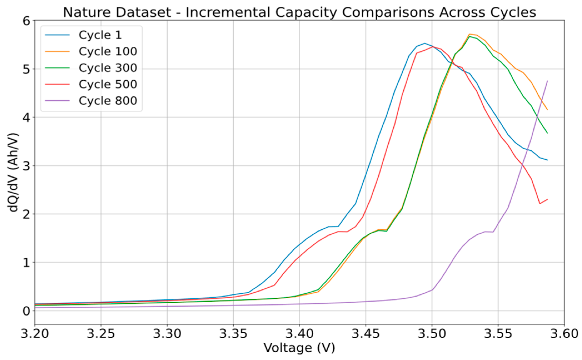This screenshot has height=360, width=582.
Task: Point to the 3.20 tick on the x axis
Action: coord(35,333)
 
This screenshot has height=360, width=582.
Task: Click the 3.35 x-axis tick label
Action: coord(233,333)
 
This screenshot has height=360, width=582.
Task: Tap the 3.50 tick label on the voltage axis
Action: coord(432,333)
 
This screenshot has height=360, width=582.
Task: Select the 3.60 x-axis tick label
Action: coord(564,333)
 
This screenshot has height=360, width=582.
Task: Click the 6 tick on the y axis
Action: coord(26,21)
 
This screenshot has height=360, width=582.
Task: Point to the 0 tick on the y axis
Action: coord(26,311)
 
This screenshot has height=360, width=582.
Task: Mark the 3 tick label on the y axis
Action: coord(26,166)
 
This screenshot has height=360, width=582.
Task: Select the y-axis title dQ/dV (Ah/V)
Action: coord(13,172)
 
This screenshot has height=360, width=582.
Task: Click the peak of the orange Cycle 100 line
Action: coord(469,34)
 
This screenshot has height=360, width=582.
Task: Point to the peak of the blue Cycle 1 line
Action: coord(424,43)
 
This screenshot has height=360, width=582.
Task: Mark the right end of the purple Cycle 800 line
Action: coord(547,81)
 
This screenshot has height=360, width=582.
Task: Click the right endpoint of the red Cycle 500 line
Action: coord(547,199)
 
